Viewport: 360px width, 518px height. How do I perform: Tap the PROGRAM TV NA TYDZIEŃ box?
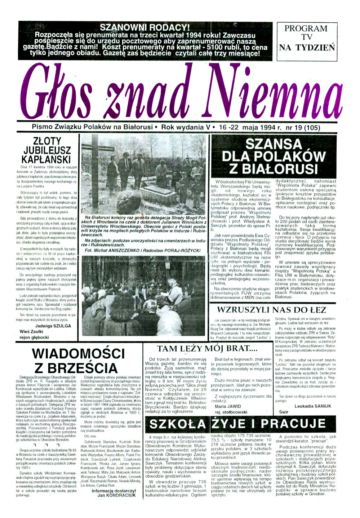[307, 38]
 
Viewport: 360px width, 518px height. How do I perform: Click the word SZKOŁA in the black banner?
[177, 424]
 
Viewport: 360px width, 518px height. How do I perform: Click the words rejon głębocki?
[34, 337]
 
